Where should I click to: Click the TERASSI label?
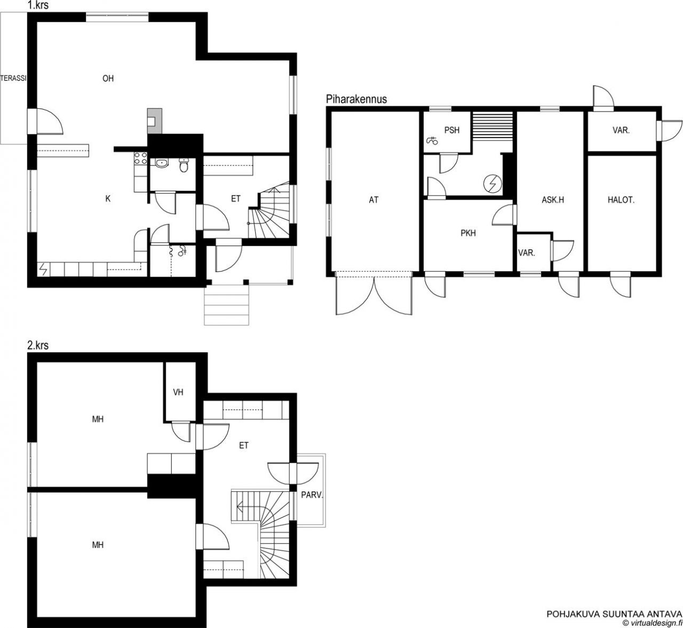(x=14, y=78)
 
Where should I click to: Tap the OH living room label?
(x=108, y=78)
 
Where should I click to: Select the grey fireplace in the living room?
(x=155, y=121)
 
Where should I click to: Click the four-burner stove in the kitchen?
(x=140, y=158)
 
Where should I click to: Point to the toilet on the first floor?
(x=184, y=165)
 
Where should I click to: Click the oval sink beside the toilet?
(x=161, y=163)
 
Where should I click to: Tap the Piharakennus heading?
(x=356, y=99)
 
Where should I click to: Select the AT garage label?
(x=374, y=200)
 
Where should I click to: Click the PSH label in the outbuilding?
(x=452, y=130)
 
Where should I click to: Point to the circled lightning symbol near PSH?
(x=493, y=184)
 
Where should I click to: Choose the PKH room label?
(x=468, y=233)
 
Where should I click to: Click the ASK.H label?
(x=553, y=200)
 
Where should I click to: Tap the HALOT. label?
(x=621, y=200)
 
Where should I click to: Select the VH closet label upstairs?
(x=178, y=392)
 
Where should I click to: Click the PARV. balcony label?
(x=312, y=495)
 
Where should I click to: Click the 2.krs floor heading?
(x=38, y=345)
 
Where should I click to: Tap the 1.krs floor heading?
(x=38, y=5)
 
